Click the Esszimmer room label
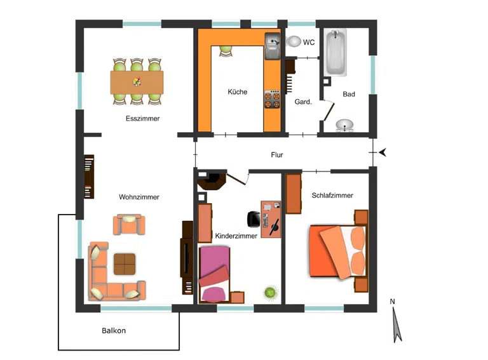142,119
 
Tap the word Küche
238,91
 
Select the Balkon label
114,330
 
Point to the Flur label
276,155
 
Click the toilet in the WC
293,41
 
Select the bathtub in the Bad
335,53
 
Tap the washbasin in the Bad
344,125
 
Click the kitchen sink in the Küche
273,46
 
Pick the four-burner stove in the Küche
272,100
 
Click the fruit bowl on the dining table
137,82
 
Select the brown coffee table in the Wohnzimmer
125,264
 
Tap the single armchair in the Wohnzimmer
129,224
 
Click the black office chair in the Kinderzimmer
254,219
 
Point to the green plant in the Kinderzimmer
271,293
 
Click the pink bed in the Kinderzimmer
214,274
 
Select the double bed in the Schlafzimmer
337,251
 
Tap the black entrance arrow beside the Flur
383,152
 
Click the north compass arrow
396,325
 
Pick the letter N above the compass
393,302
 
